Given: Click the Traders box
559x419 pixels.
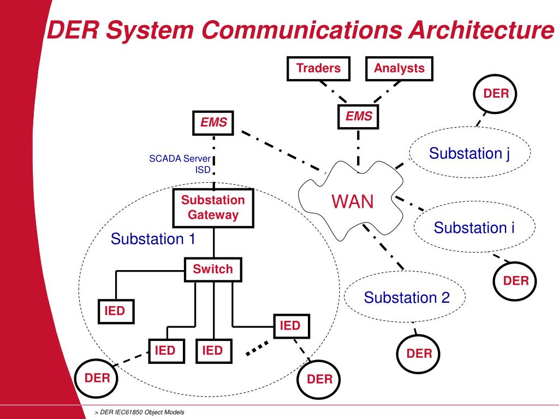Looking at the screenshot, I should [318, 69].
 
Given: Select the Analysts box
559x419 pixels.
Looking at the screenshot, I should [399, 69].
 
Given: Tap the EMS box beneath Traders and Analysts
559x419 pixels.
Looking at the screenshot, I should [359, 117].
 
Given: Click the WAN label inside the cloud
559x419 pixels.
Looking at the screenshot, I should [353, 202].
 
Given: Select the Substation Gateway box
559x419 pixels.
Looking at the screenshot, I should [213, 208].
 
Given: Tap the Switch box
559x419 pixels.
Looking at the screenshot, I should [212, 270].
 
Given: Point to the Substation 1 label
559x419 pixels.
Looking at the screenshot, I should [153, 239].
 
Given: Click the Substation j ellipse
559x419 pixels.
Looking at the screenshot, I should [469, 153].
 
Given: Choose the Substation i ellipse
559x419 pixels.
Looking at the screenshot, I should [474, 228].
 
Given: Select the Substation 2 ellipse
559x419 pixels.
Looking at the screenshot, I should [406, 298].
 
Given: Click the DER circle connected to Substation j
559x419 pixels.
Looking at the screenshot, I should [496, 94].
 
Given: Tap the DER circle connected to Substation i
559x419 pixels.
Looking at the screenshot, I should [516, 281].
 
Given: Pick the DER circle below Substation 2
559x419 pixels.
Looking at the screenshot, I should [419, 354].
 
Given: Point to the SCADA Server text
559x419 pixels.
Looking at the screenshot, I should [180, 159].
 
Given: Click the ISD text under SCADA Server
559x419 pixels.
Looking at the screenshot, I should [203, 169].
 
